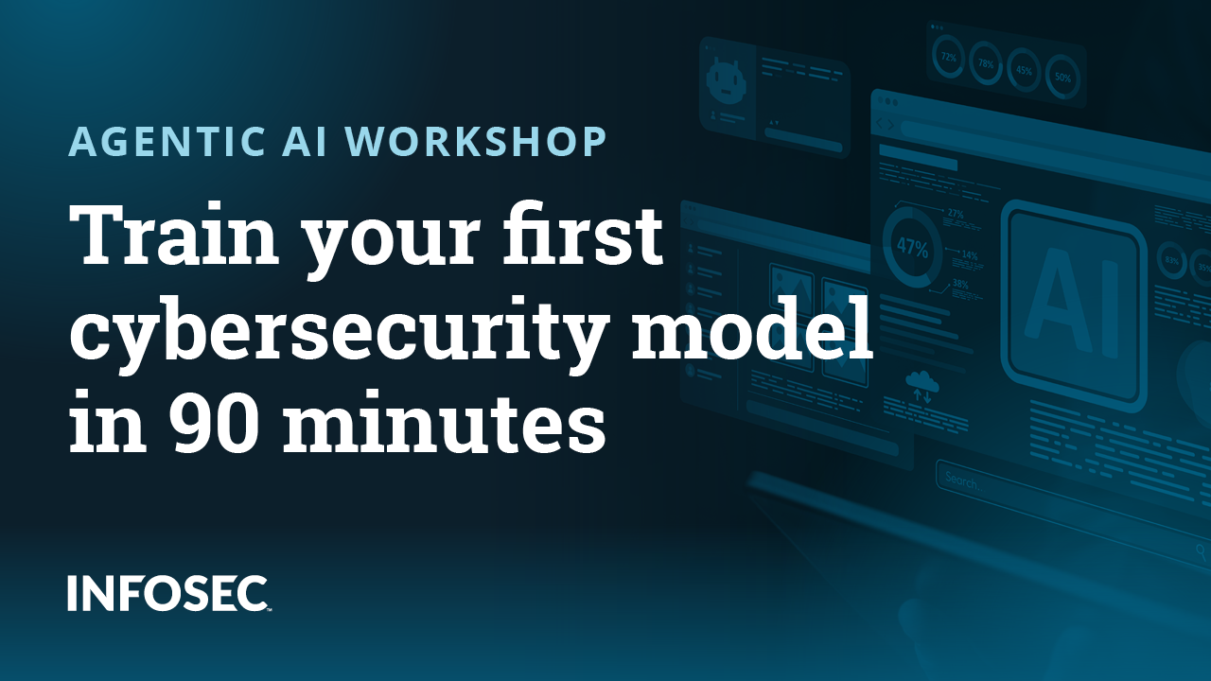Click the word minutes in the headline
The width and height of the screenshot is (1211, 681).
446,424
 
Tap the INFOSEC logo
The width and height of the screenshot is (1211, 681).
169,592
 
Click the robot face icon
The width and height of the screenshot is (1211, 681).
727,80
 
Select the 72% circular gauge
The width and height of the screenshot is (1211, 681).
948,58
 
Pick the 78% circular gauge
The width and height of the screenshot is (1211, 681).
986,65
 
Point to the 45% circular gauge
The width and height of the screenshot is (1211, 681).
1024,71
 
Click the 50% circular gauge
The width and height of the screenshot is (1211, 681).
1062,78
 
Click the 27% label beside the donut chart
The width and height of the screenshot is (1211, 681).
956,215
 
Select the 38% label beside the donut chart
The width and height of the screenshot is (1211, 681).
960,284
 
